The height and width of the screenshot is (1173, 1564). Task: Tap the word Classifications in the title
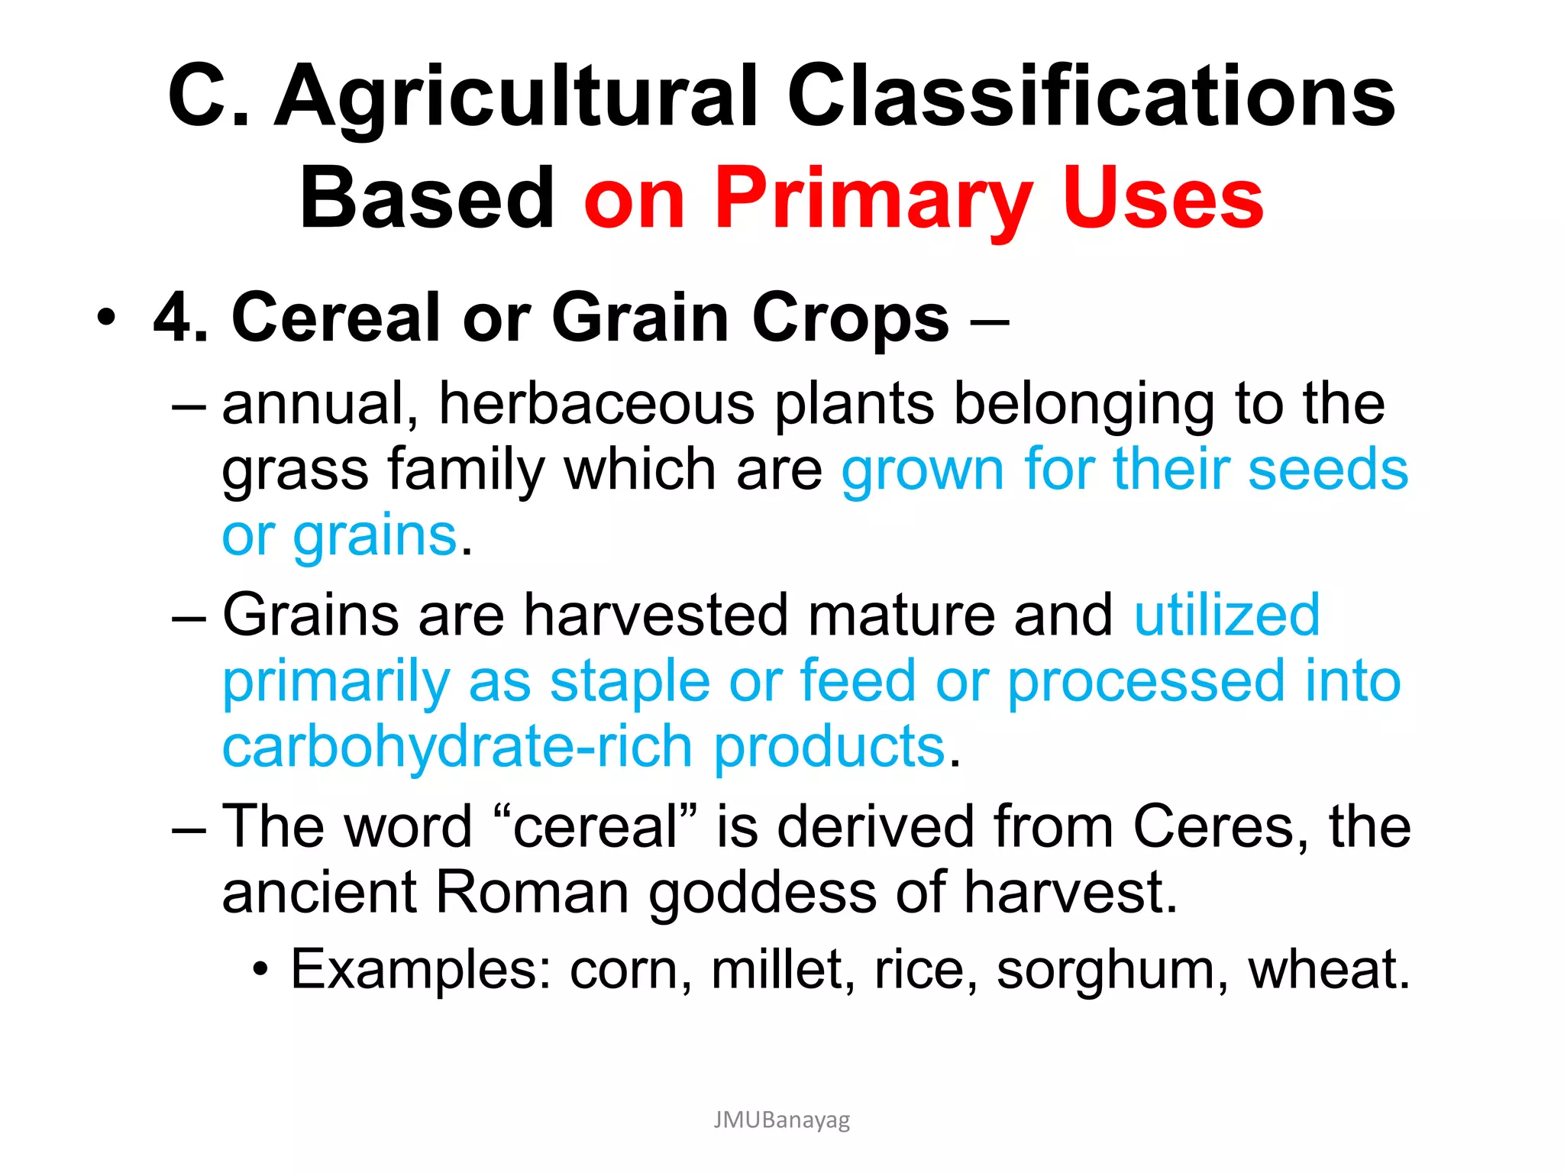1091,98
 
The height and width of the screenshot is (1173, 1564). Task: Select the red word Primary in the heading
873,200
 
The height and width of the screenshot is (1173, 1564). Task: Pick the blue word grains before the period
375,536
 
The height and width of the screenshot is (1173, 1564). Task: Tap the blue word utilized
1226,615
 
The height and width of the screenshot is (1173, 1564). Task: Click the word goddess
762,893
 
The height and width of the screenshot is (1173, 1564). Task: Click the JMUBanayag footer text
781,1120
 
